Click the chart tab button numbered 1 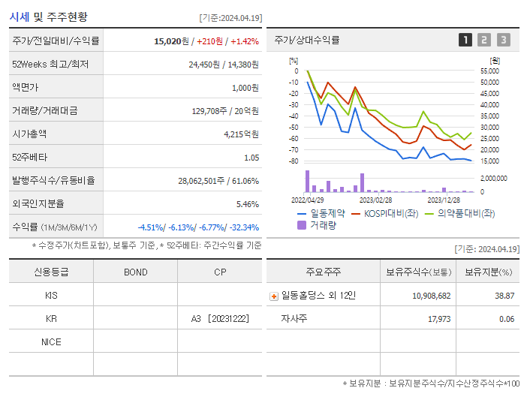(465, 40)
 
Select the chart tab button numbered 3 (503, 40)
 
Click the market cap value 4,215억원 (241, 134)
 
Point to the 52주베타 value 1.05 (251, 158)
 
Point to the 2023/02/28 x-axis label (375, 200)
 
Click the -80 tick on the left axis (294, 161)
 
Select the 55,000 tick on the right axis (489, 71)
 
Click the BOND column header (135, 272)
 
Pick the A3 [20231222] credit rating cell (220, 319)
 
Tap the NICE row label (51, 342)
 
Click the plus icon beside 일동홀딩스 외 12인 (274, 296)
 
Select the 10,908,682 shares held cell (432, 296)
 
